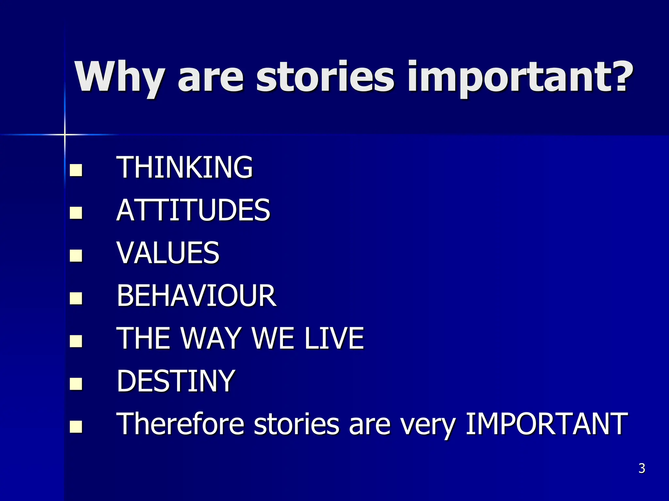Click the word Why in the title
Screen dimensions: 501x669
click(119, 78)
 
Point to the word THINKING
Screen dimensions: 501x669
click(185, 167)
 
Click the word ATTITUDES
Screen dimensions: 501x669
click(193, 210)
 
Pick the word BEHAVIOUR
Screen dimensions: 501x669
click(196, 296)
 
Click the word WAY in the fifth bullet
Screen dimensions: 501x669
click(211, 338)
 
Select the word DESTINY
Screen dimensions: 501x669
click(176, 381)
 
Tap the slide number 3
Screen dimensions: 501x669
click(642, 468)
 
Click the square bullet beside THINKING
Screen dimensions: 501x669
click(76, 170)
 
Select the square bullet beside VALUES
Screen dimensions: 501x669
click(76, 255)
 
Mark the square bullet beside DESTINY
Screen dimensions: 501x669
click(76, 384)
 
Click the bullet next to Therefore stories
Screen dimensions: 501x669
click(76, 426)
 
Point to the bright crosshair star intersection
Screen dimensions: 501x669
click(65, 134)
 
